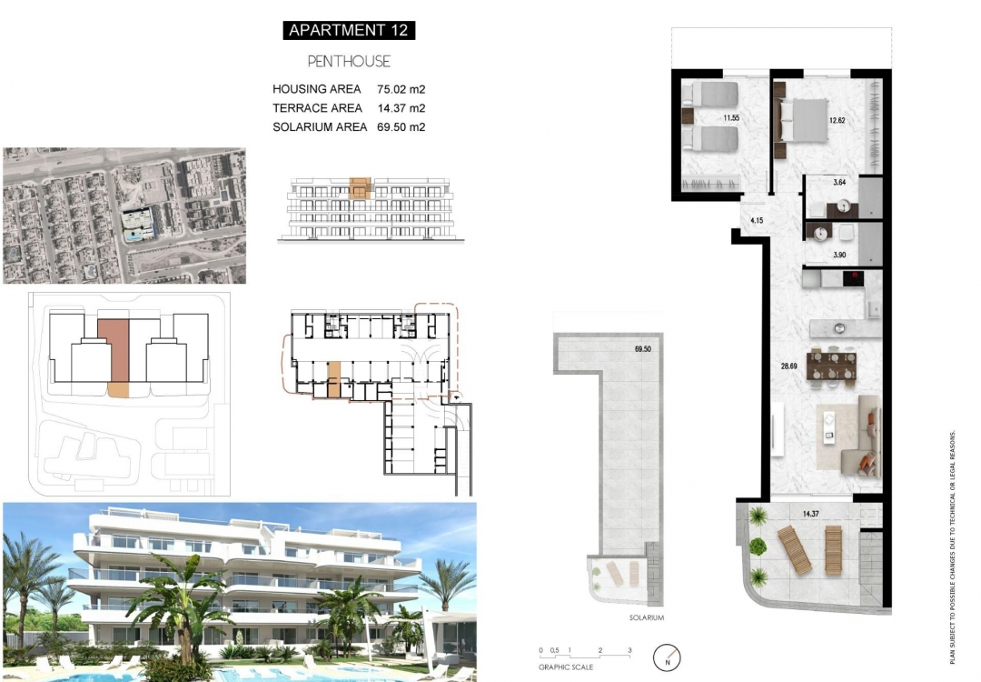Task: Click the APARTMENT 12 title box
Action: pos(349,30)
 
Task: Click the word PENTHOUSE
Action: pos(349,61)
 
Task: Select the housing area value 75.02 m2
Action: pos(401,90)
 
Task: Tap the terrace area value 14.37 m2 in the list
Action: pos(401,108)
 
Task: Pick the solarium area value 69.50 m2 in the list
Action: pos(401,127)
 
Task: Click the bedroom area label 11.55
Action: pos(731,118)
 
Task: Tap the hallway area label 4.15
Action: pos(755,221)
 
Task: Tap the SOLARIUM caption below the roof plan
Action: pos(647,618)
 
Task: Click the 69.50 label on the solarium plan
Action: pos(645,348)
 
